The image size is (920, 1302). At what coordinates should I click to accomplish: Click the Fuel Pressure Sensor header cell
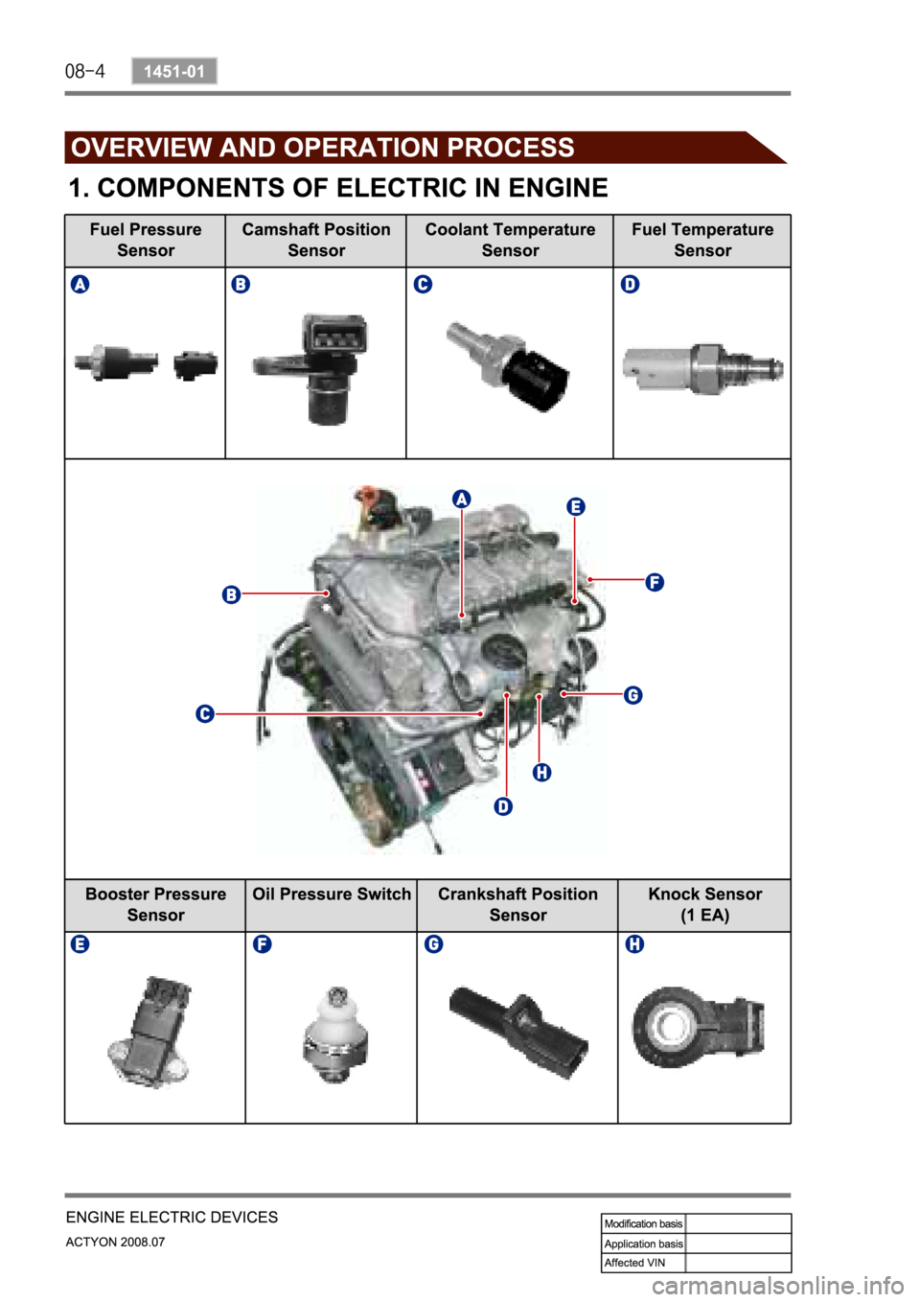click(146, 240)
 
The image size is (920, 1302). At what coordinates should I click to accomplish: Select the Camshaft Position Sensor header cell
click(316, 240)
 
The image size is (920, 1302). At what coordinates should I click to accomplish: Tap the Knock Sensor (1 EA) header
click(704, 904)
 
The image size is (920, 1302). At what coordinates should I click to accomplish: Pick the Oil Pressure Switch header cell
click(331, 904)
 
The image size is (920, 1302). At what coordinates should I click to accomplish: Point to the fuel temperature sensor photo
click(702, 369)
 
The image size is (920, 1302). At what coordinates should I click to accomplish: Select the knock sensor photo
click(698, 1027)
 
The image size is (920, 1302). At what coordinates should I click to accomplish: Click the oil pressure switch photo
click(335, 1035)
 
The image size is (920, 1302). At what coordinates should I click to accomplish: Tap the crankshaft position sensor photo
click(518, 1032)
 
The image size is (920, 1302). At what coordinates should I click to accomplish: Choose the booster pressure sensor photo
click(149, 1033)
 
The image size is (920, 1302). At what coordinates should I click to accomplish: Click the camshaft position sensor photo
click(310, 370)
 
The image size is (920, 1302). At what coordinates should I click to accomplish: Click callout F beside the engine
click(655, 582)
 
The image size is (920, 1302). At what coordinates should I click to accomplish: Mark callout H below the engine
click(541, 773)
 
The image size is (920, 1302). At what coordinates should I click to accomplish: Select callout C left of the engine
click(205, 713)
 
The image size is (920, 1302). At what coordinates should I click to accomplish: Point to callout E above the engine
click(576, 507)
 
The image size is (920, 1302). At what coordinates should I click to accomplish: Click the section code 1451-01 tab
click(174, 71)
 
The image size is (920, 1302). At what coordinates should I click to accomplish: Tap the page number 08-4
click(84, 72)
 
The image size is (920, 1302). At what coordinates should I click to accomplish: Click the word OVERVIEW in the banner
click(141, 148)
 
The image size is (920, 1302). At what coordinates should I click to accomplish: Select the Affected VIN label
click(634, 1263)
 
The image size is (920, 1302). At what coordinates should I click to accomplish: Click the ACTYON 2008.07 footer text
click(115, 1243)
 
